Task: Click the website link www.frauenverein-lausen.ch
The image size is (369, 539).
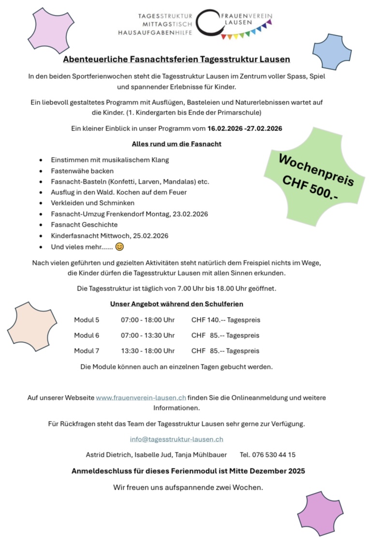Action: (x=141, y=397)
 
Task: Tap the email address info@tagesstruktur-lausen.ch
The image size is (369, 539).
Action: (x=177, y=439)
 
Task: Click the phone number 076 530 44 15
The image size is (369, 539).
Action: (x=274, y=454)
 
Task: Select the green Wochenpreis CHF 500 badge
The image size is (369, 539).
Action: (x=314, y=179)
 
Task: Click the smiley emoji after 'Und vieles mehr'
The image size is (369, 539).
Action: (x=120, y=247)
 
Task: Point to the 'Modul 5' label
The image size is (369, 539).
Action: (x=87, y=320)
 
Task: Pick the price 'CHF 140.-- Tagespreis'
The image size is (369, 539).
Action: (x=225, y=320)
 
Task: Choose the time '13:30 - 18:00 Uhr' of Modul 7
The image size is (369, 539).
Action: (x=148, y=350)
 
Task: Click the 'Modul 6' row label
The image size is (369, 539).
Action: (x=87, y=335)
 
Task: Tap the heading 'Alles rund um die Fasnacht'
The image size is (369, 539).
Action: (x=177, y=144)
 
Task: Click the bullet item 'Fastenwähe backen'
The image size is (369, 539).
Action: (x=82, y=171)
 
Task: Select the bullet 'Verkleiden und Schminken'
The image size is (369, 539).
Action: (x=93, y=203)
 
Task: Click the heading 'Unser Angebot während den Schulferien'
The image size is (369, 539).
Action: (x=177, y=304)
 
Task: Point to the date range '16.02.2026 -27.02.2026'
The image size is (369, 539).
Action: (x=245, y=129)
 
